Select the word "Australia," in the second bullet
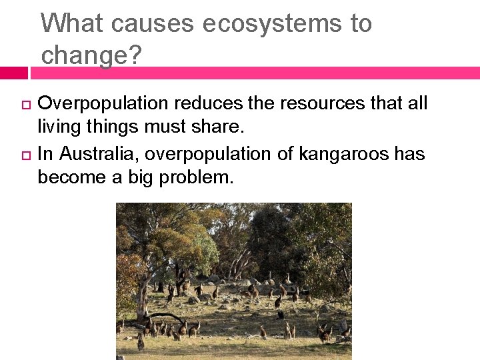coord(99,154)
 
